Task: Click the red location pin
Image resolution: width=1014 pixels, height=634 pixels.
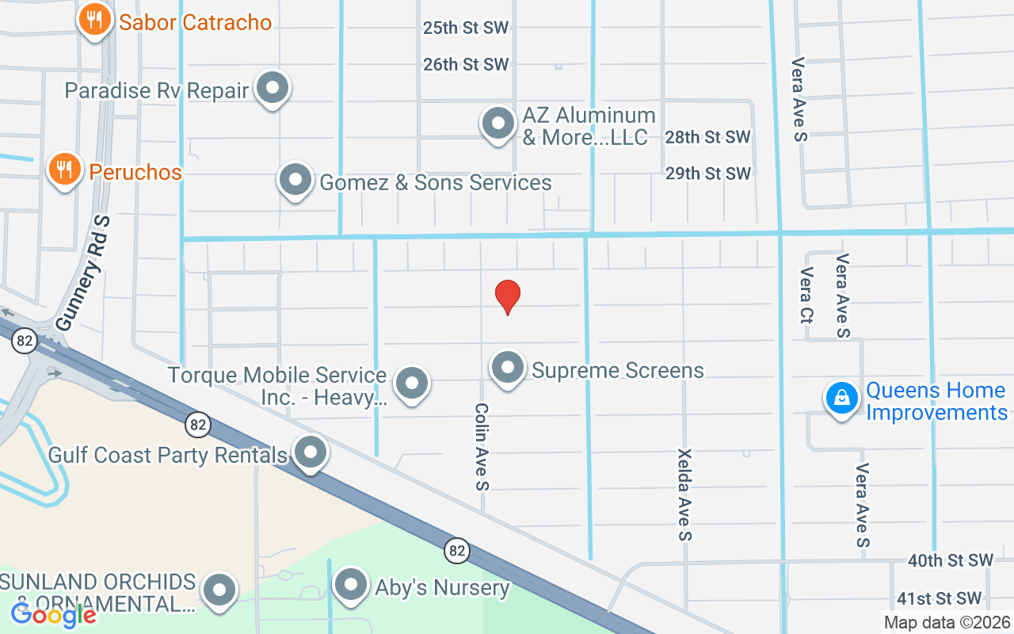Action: click(508, 296)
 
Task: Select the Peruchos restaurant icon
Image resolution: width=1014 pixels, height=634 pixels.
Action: click(64, 169)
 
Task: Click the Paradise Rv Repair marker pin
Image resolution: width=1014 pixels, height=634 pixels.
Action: click(273, 89)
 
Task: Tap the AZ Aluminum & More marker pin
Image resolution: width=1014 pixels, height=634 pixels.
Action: click(498, 124)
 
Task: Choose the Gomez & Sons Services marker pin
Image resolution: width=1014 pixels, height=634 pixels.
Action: click(295, 180)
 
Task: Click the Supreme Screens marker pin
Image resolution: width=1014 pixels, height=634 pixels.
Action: click(508, 368)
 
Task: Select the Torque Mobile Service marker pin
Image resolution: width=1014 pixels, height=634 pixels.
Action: click(411, 384)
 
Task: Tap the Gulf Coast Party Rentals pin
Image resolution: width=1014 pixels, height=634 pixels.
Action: click(310, 453)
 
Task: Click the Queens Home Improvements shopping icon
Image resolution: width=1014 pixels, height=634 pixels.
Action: click(842, 398)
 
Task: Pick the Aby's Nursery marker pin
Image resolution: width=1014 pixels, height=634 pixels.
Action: click(349, 586)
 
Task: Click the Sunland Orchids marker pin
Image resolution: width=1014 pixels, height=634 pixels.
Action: click(219, 590)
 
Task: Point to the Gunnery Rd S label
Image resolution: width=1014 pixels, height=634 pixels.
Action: click(82, 273)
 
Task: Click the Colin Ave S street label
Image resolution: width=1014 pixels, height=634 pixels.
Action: click(481, 445)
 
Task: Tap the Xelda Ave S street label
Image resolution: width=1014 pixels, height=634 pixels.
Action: click(684, 495)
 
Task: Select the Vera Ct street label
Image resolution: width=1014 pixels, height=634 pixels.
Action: click(806, 295)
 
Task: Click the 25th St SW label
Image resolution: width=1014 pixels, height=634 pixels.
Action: click(465, 28)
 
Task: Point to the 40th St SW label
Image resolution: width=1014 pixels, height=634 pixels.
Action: click(950, 560)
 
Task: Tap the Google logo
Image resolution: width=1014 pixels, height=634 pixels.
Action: click(53, 614)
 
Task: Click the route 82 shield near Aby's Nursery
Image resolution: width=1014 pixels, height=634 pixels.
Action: click(456, 550)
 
